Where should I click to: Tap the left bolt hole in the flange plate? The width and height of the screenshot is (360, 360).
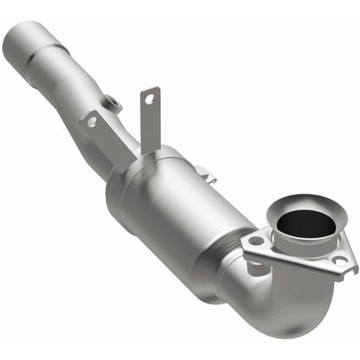[x=256, y=241]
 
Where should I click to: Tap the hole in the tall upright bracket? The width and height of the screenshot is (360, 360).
[x=149, y=99]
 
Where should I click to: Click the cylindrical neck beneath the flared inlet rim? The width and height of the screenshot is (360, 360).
[x=294, y=235]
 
